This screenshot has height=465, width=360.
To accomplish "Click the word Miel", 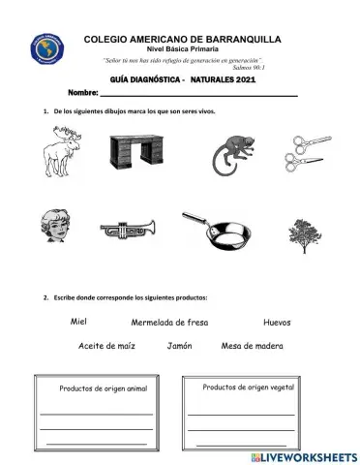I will pyautogui.click(x=80, y=321).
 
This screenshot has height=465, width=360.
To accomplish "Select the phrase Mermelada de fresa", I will pyautogui.click(x=169, y=323).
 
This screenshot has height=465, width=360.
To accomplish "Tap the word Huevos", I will pyautogui.click(x=277, y=322).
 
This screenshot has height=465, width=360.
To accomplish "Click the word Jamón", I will pyautogui.click(x=180, y=346).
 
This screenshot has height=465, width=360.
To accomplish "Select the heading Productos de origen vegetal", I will pyautogui.click(x=248, y=387).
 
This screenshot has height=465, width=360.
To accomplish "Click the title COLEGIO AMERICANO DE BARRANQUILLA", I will pyautogui.click(x=183, y=39).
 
